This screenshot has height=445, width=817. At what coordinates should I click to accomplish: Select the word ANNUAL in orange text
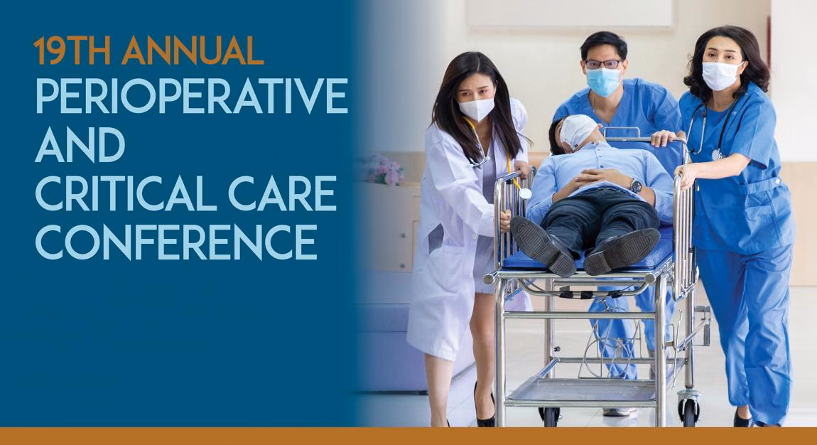pyautogui.click(x=193, y=51)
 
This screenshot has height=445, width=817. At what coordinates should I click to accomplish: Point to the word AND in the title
pyautogui.click(x=80, y=145)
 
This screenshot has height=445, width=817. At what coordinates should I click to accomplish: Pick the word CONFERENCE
pyautogui.click(x=176, y=242)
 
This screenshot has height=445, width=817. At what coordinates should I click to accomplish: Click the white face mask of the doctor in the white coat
pyautogui.click(x=476, y=109)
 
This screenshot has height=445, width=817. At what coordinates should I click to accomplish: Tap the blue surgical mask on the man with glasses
pyautogui.click(x=603, y=81)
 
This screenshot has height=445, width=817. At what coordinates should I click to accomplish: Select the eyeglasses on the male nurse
pyautogui.click(x=602, y=64)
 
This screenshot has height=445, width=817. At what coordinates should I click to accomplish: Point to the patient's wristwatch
pyautogui.click(x=636, y=186)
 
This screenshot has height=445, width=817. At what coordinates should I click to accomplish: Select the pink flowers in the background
pyautogui.click(x=384, y=171)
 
